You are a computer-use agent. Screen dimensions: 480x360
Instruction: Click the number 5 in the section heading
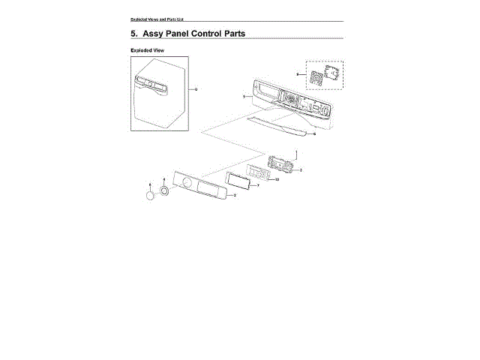pos(133,34)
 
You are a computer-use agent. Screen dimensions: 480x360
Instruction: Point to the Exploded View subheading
pos(147,50)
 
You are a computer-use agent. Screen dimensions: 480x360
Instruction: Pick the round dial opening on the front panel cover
pos(184,184)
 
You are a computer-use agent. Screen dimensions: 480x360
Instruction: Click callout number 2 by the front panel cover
pos(235,195)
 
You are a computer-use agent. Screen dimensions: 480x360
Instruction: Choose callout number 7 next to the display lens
pos(258,185)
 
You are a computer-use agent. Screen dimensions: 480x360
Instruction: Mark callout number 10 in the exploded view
pos(277,180)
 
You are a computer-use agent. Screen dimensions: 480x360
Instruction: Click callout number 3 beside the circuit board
pos(300,170)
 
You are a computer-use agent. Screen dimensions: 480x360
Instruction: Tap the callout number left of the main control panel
pos(244,97)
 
